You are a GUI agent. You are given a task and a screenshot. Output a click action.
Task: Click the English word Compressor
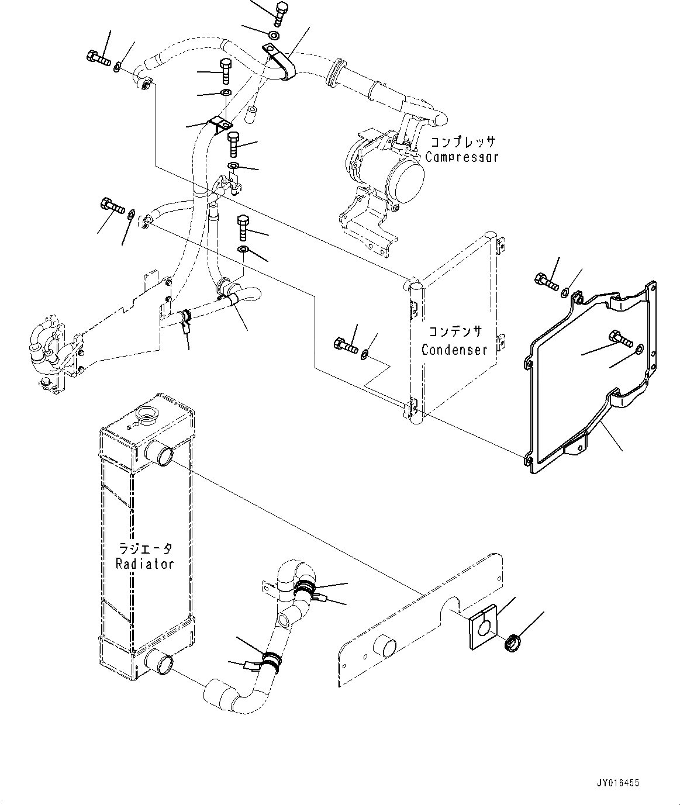coord(461,157)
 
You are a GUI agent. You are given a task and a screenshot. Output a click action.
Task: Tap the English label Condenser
coord(454,350)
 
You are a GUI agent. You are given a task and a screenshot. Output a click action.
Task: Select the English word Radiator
coord(145,564)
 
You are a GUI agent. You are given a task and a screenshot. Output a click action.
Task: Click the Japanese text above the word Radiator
coord(146,548)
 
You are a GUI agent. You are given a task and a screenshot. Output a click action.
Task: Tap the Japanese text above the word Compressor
coord(462,142)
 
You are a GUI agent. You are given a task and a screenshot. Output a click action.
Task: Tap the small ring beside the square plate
coord(513,645)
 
